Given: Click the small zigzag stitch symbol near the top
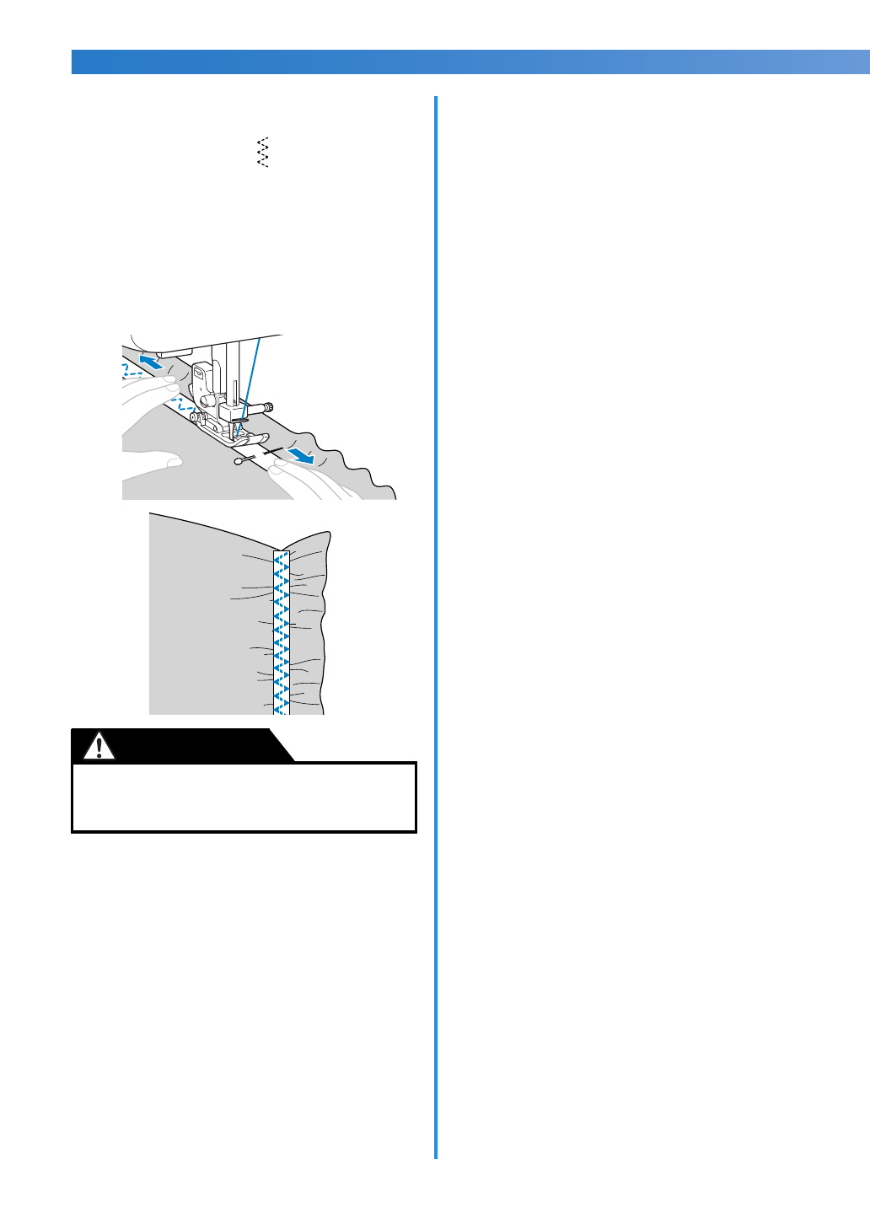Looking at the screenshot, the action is tap(262, 152).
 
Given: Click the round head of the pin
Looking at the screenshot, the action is tap(239, 462).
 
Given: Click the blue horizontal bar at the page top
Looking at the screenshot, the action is tap(470, 62).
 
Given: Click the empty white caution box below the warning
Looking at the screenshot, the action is tap(244, 797).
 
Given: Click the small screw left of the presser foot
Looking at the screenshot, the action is tap(194, 416).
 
